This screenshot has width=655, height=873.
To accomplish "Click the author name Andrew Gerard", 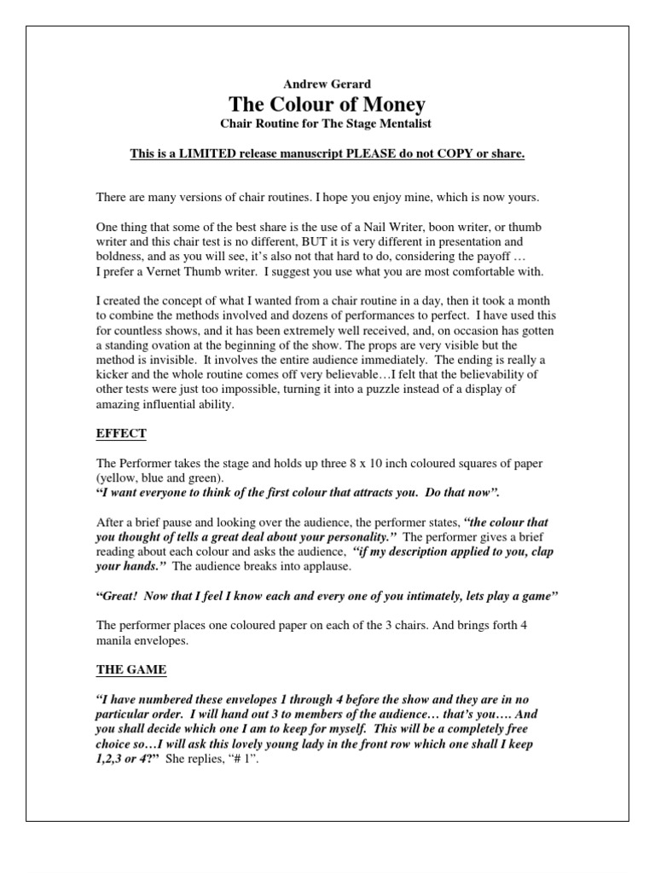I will (327, 83).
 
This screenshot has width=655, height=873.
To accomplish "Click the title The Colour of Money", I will (327, 104).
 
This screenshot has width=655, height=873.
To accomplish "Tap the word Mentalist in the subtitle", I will (400, 124).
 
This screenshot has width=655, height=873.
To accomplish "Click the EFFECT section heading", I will (120, 434).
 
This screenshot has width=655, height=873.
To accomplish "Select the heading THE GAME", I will (130, 670).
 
